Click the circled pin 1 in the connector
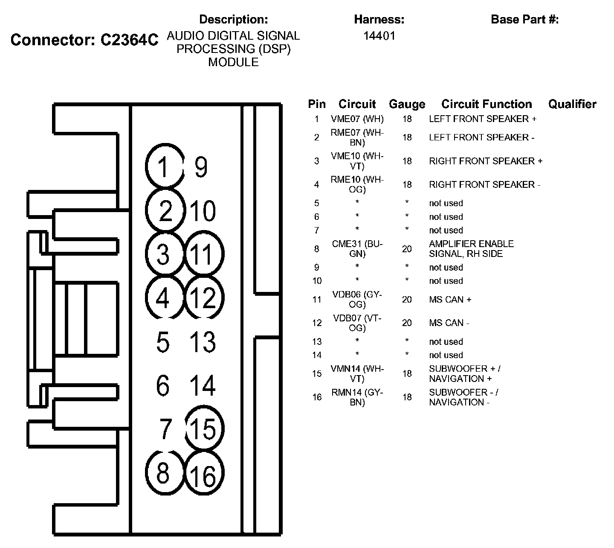pos(164,166)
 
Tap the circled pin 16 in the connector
pos(204,474)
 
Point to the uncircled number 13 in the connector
pos(203,342)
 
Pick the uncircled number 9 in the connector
pos(201,167)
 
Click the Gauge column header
pos(407,104)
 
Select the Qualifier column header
pos(572,104)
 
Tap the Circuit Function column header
pos(487,104)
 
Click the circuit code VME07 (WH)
pos(357,119)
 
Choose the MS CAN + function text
pos(450,300)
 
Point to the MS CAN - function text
pos(449,323)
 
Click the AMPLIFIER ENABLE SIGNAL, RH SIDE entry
pos(471,249)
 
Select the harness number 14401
pos(379,36)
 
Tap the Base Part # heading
pos(524,19)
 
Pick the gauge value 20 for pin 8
pos(407,249)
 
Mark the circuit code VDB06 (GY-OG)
pos(357,300)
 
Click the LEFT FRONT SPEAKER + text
pos(483,119)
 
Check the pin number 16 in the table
pos(316,397)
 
